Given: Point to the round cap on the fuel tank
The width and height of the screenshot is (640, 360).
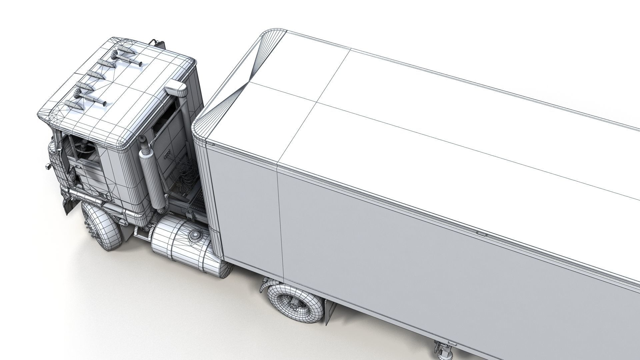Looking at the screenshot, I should [x=194, y=236].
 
